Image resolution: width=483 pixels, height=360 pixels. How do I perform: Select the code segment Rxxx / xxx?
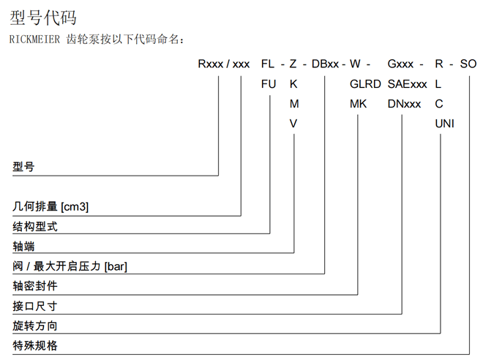pos(224,64)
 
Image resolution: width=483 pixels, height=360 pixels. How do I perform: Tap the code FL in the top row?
pos(269,64)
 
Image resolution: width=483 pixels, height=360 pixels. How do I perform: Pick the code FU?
pos(269,84)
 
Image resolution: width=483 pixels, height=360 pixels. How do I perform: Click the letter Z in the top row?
pos(293,64)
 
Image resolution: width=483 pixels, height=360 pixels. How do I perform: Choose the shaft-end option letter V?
pos(293,124)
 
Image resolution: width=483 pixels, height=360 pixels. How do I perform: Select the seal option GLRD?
pos(365,84)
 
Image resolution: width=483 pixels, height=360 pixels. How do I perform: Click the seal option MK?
pos(358,104)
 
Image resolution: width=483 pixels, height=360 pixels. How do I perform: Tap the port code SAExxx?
pos(408,84)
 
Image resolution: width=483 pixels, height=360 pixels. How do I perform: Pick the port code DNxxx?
pos(405,104)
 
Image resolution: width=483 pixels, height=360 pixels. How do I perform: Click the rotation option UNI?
pos(444,124)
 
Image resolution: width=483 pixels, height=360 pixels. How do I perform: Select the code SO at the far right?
pos(468,64)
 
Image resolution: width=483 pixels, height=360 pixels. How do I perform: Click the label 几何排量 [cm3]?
pos(50,206)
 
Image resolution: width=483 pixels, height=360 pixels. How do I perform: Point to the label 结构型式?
pos(34,226)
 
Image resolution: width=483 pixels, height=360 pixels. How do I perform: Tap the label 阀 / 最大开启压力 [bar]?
pos(70,266)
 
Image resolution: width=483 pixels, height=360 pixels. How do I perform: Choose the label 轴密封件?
pos(34,285)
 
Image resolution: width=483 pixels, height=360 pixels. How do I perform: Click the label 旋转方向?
pos(34,325)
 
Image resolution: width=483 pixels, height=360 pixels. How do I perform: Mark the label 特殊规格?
pos(34,345)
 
